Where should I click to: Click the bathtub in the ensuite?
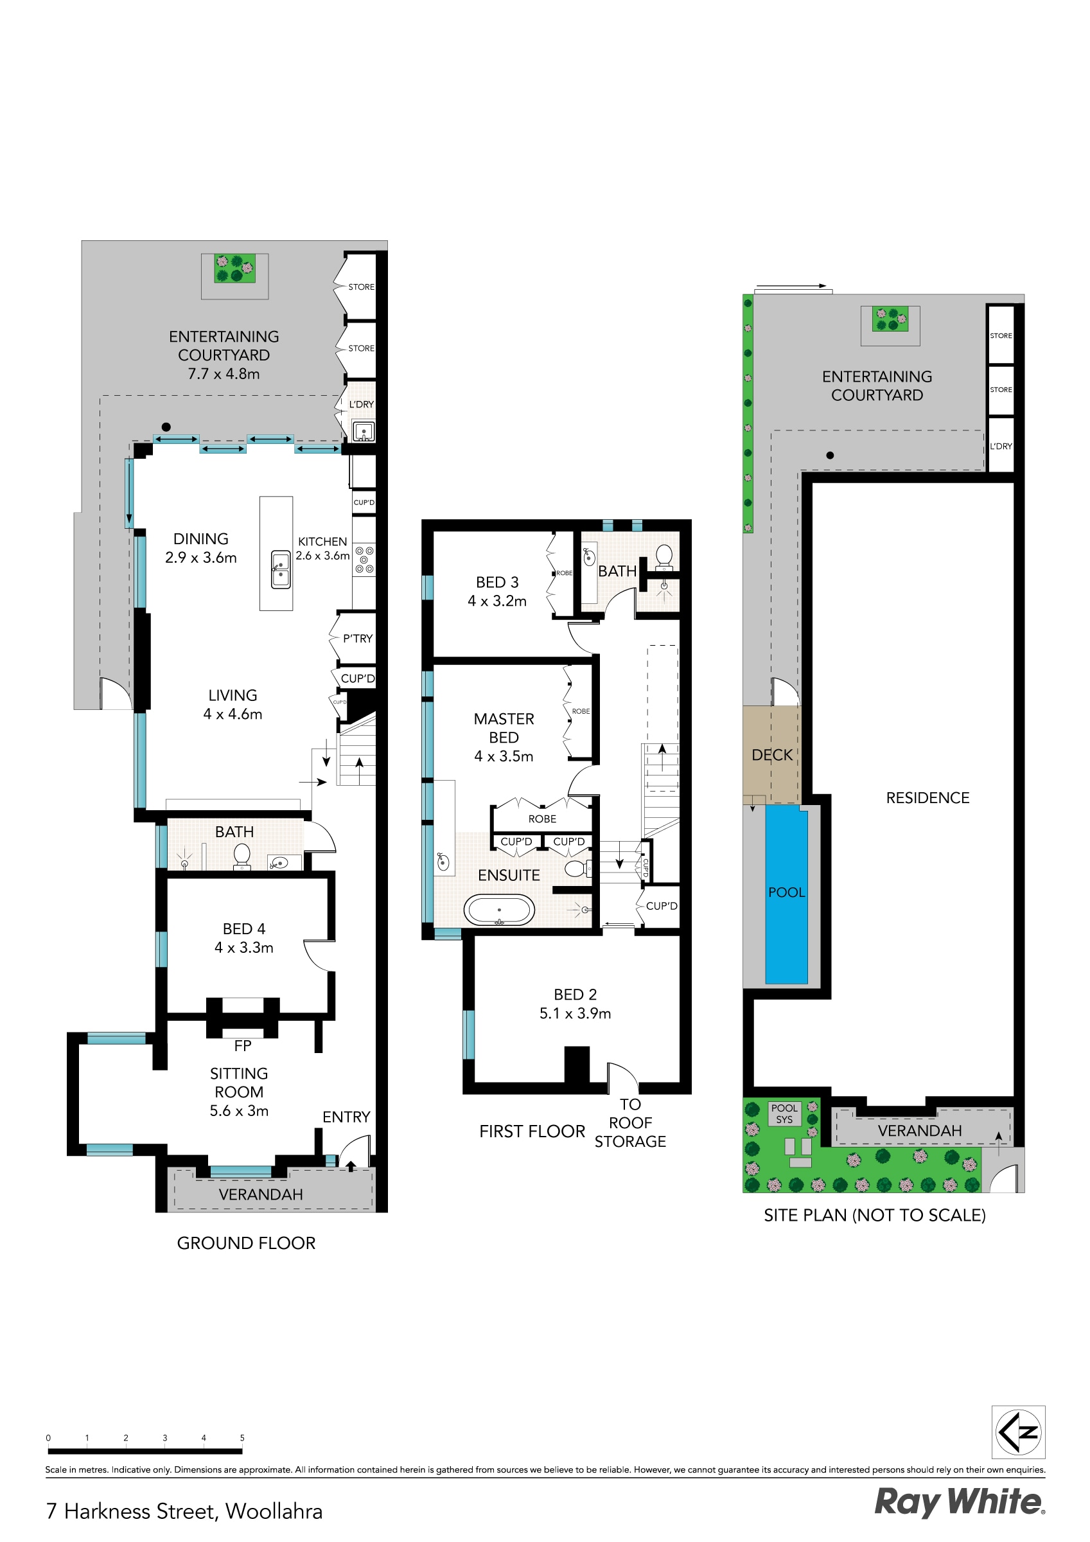coord(499,911)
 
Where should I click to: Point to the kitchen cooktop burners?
coord(364,560)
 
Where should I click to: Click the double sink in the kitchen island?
coord(280,569)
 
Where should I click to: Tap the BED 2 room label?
coord(575,995)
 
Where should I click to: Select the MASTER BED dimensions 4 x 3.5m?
coord(504,756)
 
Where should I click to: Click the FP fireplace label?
coord(242,1046)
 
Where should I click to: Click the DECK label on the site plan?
coord(771,755)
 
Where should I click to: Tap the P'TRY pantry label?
coord(357,639)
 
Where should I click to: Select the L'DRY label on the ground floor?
coord(360,404)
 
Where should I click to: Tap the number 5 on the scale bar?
coord(242,1438)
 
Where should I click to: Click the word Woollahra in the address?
coord(274,1511)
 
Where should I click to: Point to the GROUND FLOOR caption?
coord(246,1243)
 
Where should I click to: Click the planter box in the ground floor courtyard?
coord(234,268)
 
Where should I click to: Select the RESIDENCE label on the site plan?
coord(927,798)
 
